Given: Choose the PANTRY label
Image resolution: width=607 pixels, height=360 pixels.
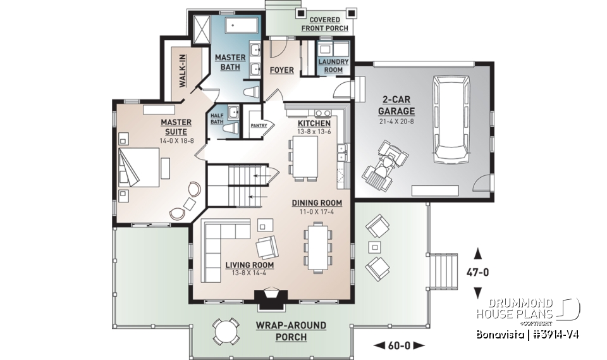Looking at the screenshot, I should click(x=259, y=125).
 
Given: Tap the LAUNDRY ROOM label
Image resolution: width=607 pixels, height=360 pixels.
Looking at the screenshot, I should click(x=333, y=66).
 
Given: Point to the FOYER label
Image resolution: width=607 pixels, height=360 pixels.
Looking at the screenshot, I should click(x=281, y=70).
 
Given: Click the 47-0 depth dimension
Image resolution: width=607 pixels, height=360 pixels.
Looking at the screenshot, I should click(x=477, y=273).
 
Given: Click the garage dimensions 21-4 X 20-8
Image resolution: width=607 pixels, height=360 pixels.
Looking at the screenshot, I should click(x=398, y=121).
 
